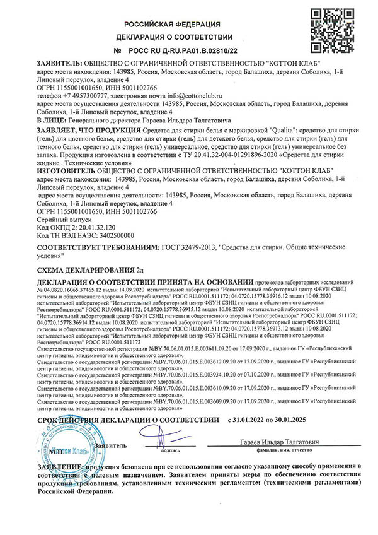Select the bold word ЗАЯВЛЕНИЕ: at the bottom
click(59, 466)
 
